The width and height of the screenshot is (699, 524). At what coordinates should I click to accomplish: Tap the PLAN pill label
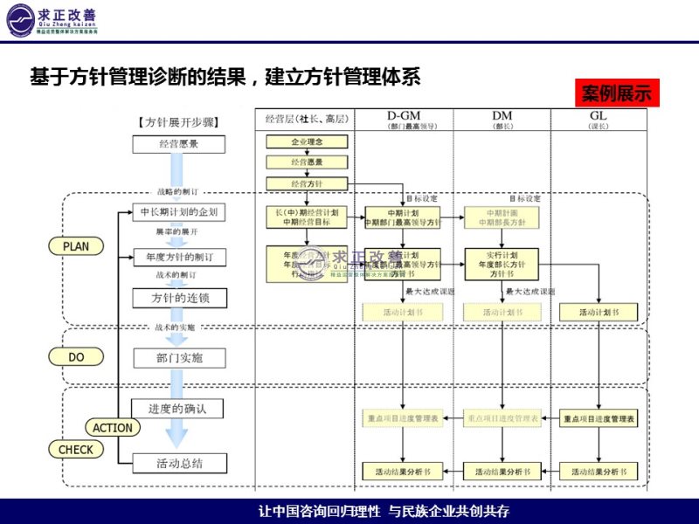[x=76, y=246]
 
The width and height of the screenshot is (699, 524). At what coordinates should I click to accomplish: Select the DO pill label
[x=76, y=356]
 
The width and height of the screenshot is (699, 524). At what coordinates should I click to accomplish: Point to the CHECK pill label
[x=76, y=450]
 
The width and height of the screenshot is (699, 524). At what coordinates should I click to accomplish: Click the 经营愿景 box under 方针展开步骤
[x=178, y=144]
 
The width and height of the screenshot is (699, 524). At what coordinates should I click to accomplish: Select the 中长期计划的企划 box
[x=178, y=212]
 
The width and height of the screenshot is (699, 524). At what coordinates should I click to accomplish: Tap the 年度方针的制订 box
[x=178, y=257]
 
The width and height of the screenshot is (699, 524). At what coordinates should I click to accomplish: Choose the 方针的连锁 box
[x=178, y=298]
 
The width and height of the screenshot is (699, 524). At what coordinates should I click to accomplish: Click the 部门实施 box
[x=178, y=357]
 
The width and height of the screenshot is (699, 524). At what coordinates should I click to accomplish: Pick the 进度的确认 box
[x=178, y=408]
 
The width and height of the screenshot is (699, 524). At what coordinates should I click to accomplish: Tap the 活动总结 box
[x=178, y=462]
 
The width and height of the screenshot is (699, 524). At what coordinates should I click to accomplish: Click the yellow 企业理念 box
[x=307, y=141]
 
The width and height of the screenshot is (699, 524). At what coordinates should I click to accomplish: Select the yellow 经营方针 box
[x=307, y=183]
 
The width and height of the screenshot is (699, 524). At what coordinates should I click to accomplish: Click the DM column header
[x=502, y=116]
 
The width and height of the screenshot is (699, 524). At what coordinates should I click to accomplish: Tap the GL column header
[x=599, y=116]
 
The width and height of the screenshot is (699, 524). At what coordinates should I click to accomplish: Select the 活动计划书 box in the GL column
[x=599, y=312]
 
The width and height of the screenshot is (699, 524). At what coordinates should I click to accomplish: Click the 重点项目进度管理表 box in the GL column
[x=599, y=420]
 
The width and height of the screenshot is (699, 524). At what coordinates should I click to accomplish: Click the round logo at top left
[x=18, y=20]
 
